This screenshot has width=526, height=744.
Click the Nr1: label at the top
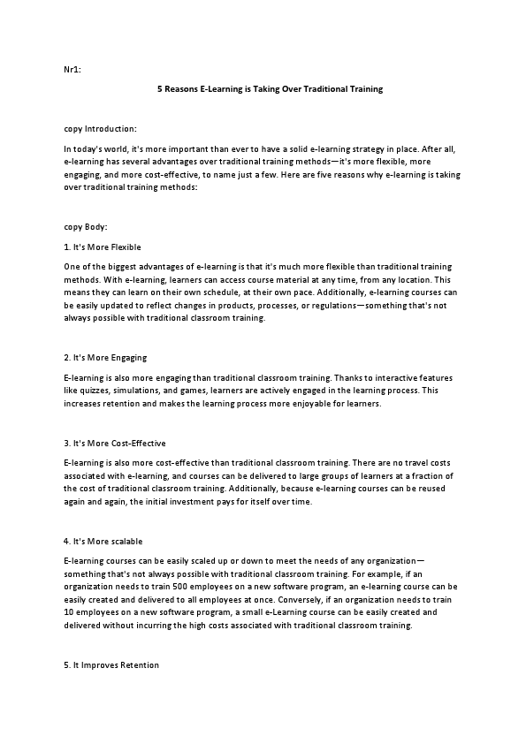point(72,69)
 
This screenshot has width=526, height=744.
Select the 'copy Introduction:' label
point(100,129)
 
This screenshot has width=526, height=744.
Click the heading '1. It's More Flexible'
point(103,247)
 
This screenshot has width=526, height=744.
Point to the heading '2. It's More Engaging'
point(105,357)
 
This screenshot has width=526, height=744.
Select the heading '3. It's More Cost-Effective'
point(115,443)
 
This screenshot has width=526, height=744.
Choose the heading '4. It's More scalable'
point(103,540)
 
